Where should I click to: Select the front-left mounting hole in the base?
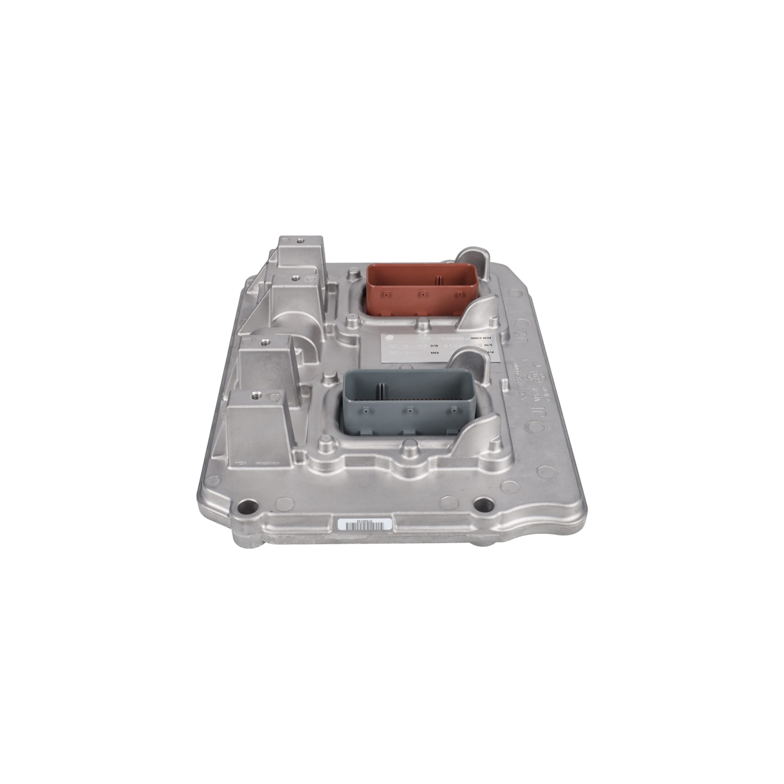[x=249, y=507]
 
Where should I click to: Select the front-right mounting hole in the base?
[x=485, y=505]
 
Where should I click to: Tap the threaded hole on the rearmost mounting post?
[x=300, y=241]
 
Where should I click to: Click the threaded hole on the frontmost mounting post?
[x=255, y=394]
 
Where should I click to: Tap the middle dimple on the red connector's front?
[x=423, y=294]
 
